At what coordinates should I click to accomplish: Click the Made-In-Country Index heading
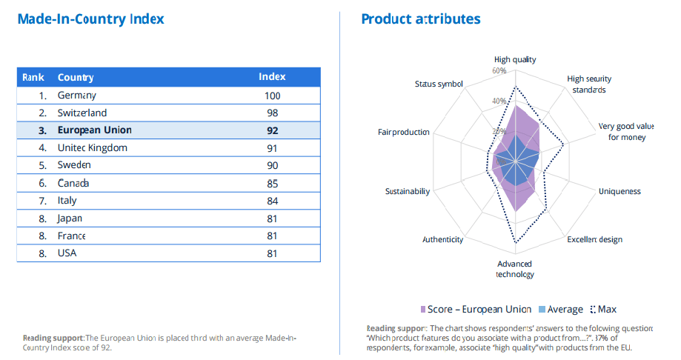pyautogui.click(x=90, y=19)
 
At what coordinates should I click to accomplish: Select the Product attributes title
pyautogui.click(x=421, y=19)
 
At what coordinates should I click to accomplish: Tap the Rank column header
pyautogui.click(x=33, y=77)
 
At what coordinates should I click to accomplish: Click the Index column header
pyautogui.click(x=272, y=77)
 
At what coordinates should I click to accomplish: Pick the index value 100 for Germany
pyautogui.click(x=272, y=96)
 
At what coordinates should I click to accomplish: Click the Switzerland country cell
pyautogui.click(x=82, y=113)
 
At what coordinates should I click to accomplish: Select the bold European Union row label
pyautogui.click(x=95, y=130)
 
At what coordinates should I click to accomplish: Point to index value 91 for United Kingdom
pyautogui.click(x=272, y=148)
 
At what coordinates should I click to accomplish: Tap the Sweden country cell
pyautogui.click(x=74, y=165)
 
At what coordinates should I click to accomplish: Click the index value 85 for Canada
pyautogui.click(x=272, y=183)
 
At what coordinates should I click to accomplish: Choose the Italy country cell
pyautogui.click(x=67, y=201)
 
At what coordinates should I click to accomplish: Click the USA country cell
pyautogui.click(x=67, y=253)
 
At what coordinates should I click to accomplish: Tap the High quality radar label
pyautogui.click(x=515, y=59)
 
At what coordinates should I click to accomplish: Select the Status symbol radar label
pyautogui.click(x=439, y=84)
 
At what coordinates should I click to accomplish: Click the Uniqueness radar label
pyautogui.click(x=619, y=191)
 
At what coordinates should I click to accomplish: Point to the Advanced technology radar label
pyautogui.click(x=515, y=269)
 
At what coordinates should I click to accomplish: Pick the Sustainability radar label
pyautogui.click(x=408, y=191)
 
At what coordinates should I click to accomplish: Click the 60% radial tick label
pyautogui.click(x=498, y=71)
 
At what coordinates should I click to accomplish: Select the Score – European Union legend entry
pyautogui.click(x=476, y=310)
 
